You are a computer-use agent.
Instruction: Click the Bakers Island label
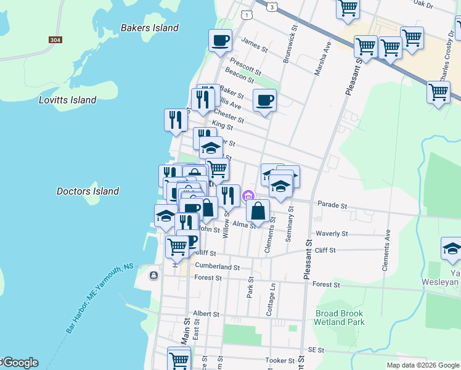point(150,28)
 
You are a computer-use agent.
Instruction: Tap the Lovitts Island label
point(68,100)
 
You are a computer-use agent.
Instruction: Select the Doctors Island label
point(88,191)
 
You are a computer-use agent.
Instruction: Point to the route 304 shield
point(55,40)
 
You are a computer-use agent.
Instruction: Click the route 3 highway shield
point(272,6)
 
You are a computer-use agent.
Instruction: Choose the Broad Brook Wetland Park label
point(339,317)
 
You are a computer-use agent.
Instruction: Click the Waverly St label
point(332,234)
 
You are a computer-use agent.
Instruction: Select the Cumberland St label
point(217,267)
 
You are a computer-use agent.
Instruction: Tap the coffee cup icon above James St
point(220,41)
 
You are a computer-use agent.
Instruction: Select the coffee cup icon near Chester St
point(264,101)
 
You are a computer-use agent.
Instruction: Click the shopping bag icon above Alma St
point(258,210)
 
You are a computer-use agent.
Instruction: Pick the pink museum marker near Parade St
point(248,197)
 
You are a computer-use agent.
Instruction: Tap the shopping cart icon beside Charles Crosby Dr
point(438,92)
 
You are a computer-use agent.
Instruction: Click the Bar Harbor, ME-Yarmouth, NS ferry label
point(100,298)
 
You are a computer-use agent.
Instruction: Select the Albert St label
point(206,313)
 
